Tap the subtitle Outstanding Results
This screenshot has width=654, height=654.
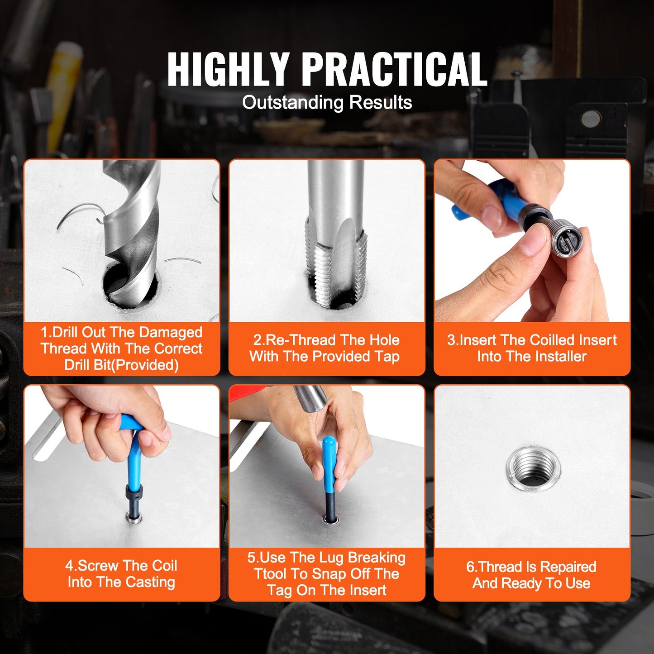coord(327,102)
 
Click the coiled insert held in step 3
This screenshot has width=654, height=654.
coord(567,240)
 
